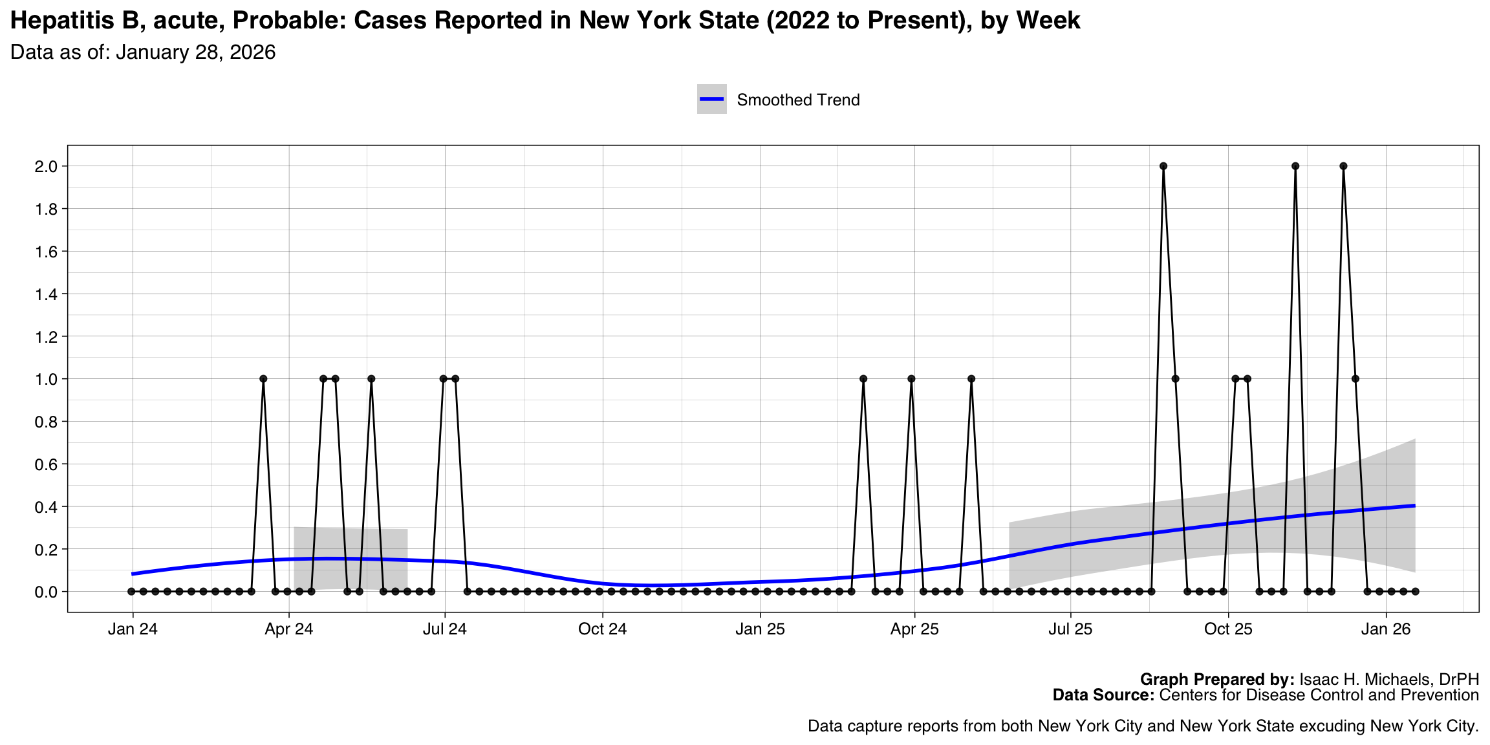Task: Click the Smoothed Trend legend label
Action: pos(798,100)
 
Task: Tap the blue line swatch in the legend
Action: pos(711,99)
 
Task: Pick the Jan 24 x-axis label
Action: pos(133,629)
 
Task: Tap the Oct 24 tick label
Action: pos(602,629)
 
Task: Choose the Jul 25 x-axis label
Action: pos(1070,629)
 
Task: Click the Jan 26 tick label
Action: pos(1385,629)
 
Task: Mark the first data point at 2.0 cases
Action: pos(1163,166)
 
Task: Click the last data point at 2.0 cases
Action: pos(1343,166)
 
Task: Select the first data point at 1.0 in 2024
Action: pos(263,379)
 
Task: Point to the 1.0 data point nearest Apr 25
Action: pos(911,379)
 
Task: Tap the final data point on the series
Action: pos(1415,592)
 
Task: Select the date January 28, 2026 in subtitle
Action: pos(196,52)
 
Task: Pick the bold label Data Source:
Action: pos(1103,695)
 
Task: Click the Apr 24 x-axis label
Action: pos(288,629)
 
